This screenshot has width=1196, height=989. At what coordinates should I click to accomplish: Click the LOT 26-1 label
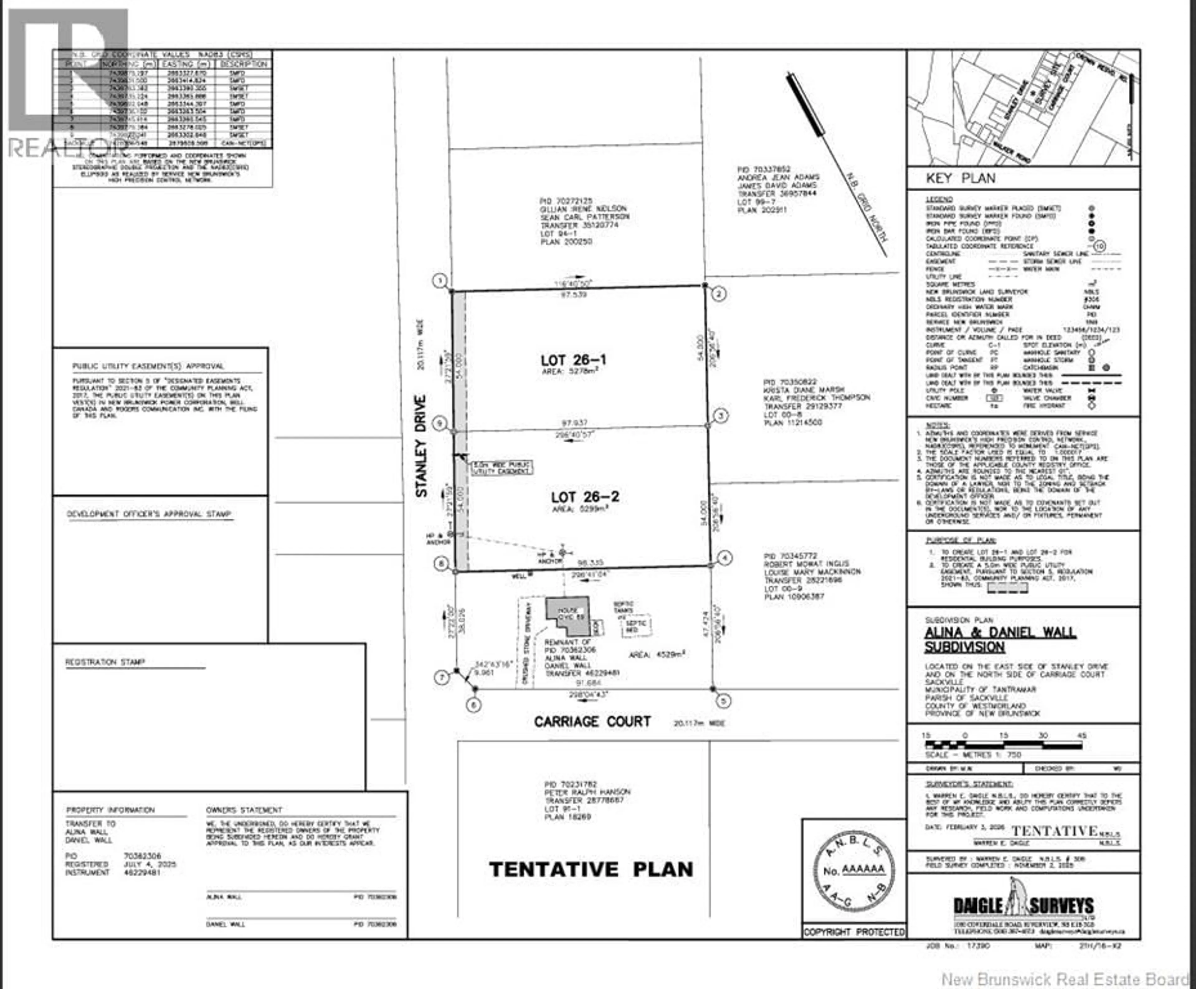[573, 360]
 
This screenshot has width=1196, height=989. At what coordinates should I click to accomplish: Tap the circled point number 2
[719, 294]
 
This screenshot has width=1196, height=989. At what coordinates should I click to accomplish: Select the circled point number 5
[723, 701]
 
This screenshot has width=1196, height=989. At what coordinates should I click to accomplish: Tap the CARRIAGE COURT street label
[592, 722]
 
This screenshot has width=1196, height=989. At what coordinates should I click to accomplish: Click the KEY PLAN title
[961, 178]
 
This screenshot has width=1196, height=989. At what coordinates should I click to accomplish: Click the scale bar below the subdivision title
[1004, 744]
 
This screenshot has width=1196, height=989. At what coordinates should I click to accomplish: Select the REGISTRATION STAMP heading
[105, 662]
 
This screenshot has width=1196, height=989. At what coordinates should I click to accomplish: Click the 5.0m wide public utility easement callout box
[501, 468]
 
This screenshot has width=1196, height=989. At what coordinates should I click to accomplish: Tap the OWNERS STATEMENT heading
[244, 810]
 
